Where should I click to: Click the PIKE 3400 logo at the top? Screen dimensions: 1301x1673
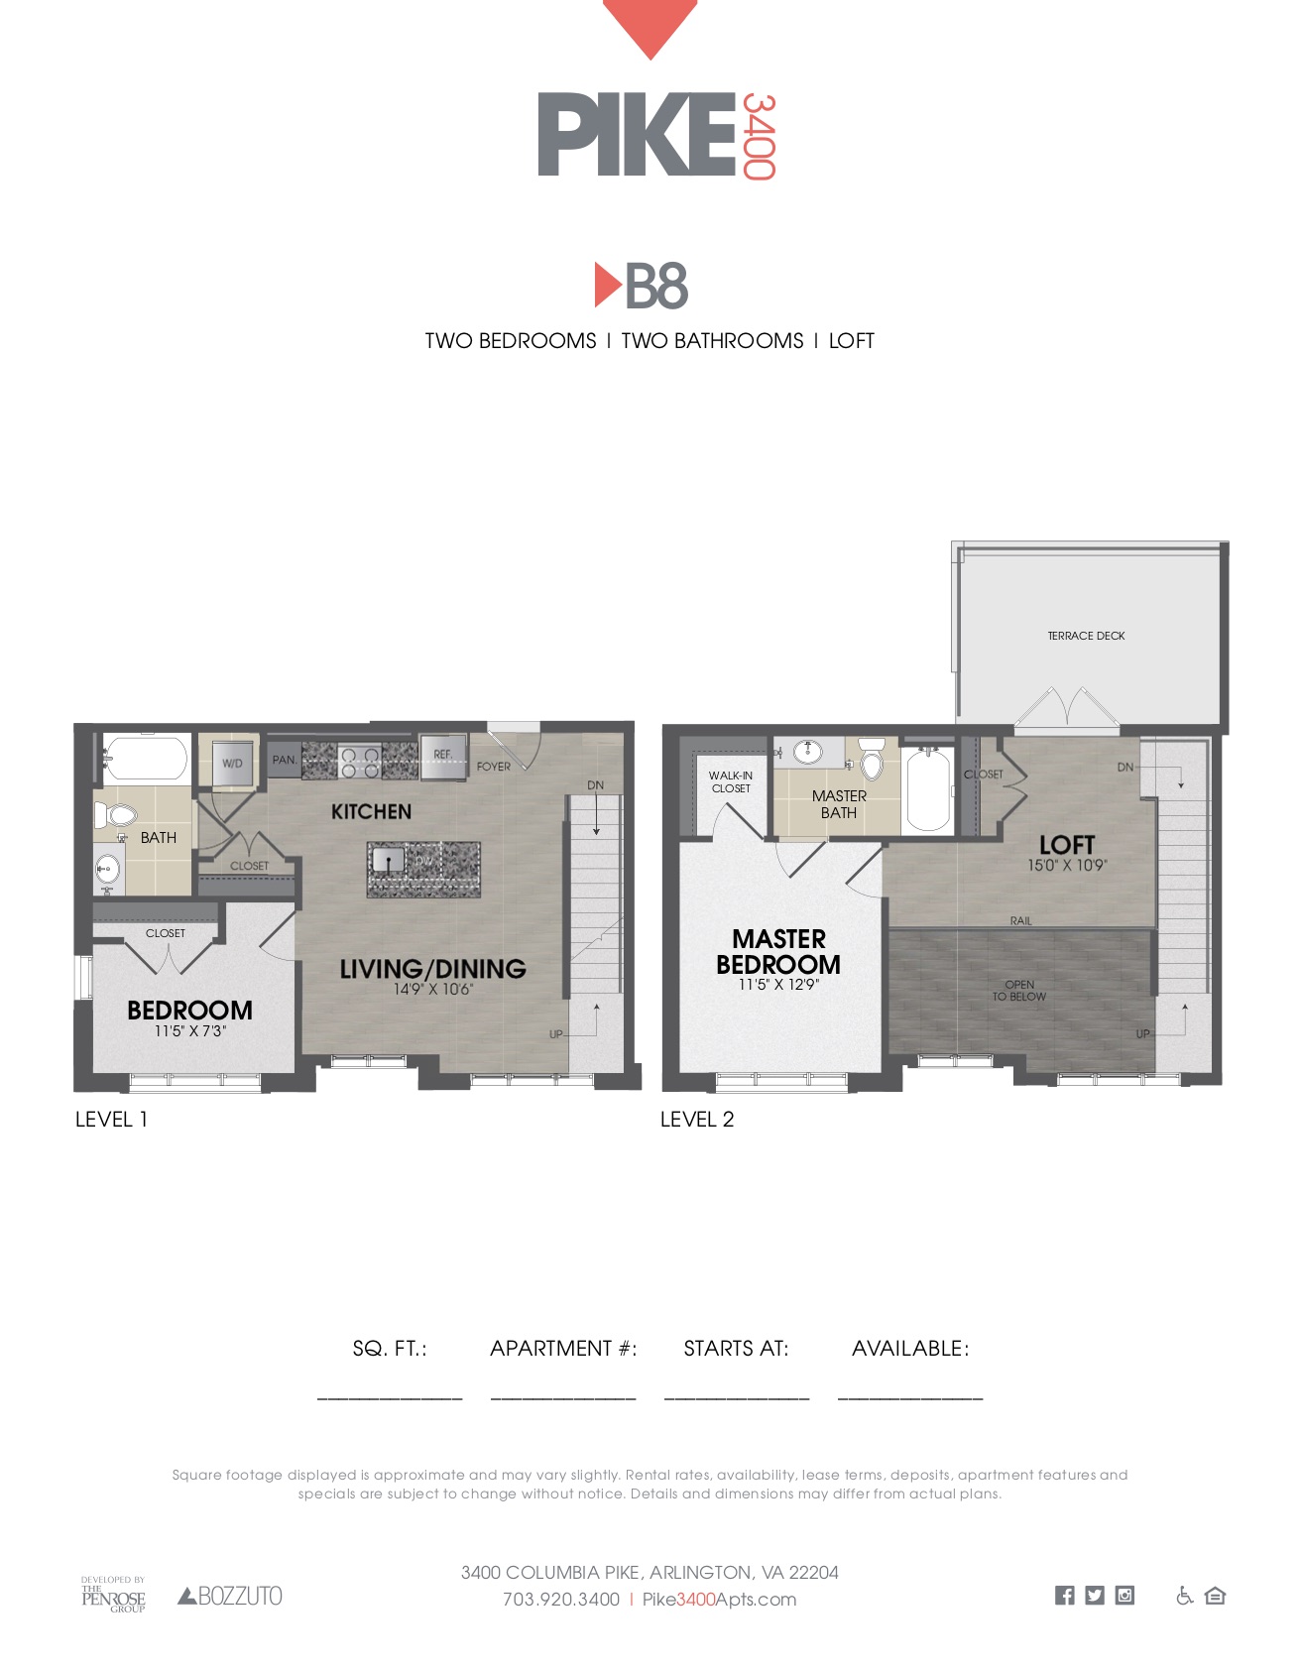(x=656, y=135)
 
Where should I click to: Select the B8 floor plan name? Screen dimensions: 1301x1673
(x=642, y=287)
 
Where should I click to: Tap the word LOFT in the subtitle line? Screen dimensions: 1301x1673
(x=851, y=341)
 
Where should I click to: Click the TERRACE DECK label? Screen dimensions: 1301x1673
(x=1086, y=636)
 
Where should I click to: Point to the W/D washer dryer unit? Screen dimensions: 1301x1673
(x=233, y=763)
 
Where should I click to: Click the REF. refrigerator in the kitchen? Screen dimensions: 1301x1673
(x=442, y=756)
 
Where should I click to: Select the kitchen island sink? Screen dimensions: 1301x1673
(x=389, y=858)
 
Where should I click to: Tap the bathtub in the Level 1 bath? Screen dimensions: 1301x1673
(x=146, y=759)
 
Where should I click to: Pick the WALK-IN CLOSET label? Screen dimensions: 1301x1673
(x=731, y=782)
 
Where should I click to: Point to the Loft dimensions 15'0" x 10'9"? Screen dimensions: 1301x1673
(x=1067, y=865)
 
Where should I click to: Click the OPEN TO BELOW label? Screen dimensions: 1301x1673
(x=1019, y=991)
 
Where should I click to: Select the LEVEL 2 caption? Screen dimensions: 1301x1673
(x=697, y=1120)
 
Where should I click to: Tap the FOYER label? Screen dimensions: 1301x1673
(x=493, y=767)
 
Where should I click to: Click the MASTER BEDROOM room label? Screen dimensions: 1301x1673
(x=778, y=952)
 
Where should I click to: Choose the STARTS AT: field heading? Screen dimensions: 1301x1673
(x=736, y=1349)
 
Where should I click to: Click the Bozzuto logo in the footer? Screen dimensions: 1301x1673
(x=230, y=1596)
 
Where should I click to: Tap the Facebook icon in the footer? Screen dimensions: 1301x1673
(x=1064, y=1596)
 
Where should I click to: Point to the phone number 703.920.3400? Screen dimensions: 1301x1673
(x=561, y=1600)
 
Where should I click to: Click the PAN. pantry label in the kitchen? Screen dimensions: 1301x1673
(x=285, y=760)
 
